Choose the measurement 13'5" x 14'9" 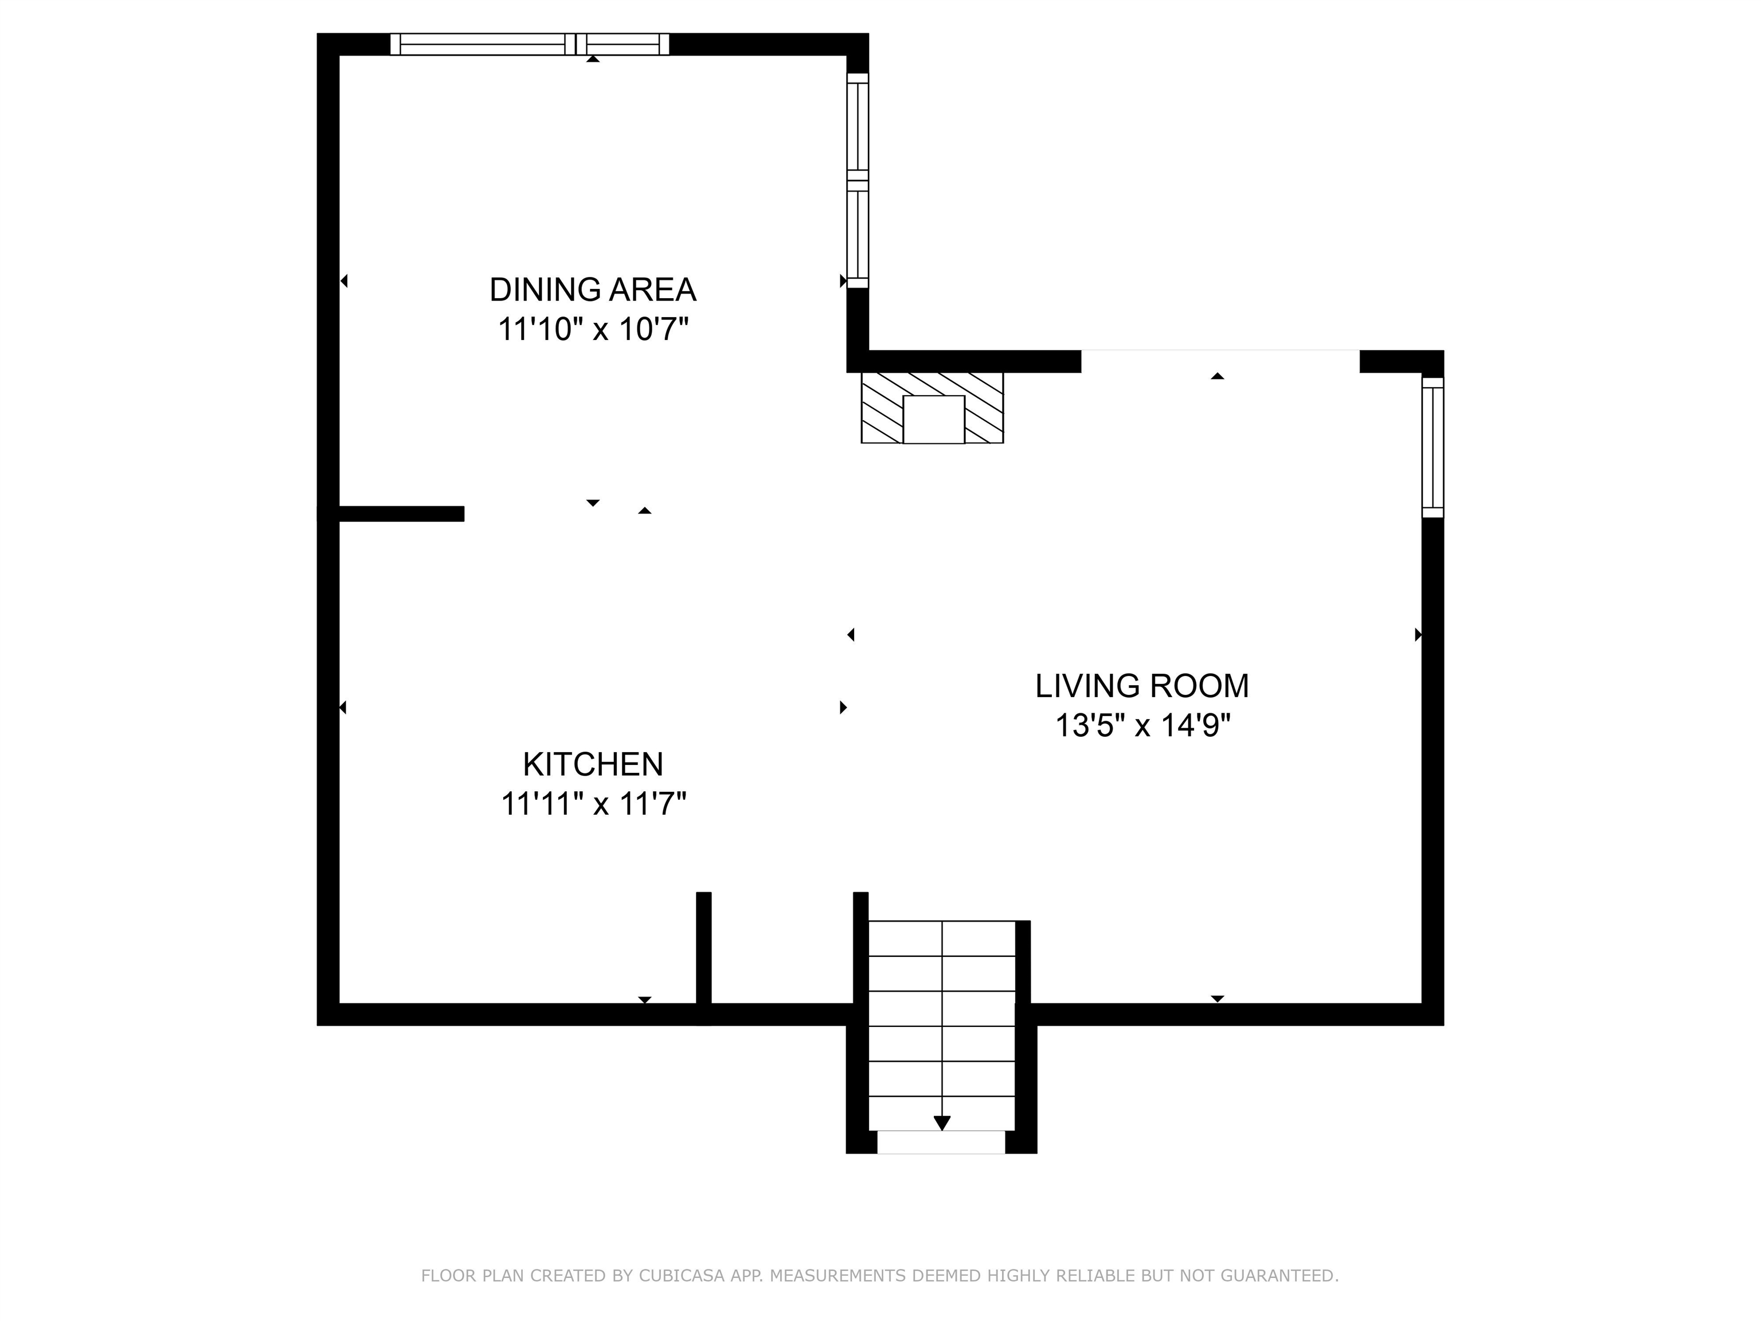point(1142,725)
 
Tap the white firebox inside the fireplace point(933,420)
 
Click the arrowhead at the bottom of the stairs point(942,1123)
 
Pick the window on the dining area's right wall point(858,180)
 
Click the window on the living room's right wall point(1432,447)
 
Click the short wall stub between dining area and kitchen point(401,514)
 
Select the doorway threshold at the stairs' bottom point(941,1142)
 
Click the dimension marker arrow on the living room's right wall point(1417,635)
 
